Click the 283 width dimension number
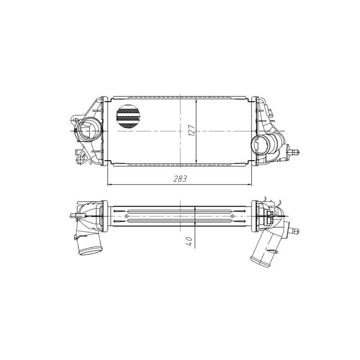tap(180, 179)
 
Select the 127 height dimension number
tap(191, 131)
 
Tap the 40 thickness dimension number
tap(190, 240)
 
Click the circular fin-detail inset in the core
tap(128, 117)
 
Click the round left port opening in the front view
tap(89, 130)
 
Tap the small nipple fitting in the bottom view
tap(295, 230)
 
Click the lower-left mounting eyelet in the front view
tap(81, 158)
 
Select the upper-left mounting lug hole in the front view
tap(75, 120)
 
